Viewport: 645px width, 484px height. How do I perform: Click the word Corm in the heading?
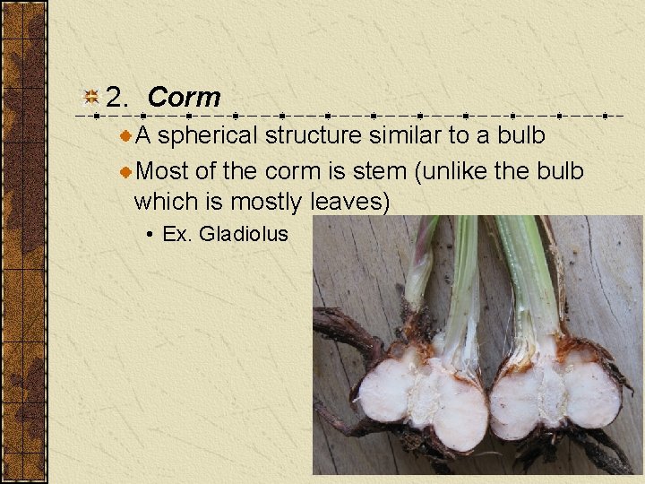184,98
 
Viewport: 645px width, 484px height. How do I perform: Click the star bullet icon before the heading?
90,98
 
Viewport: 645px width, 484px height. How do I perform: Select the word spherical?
208,137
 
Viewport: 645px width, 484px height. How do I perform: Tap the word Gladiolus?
243,235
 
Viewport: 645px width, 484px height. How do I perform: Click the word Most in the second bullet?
164,170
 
